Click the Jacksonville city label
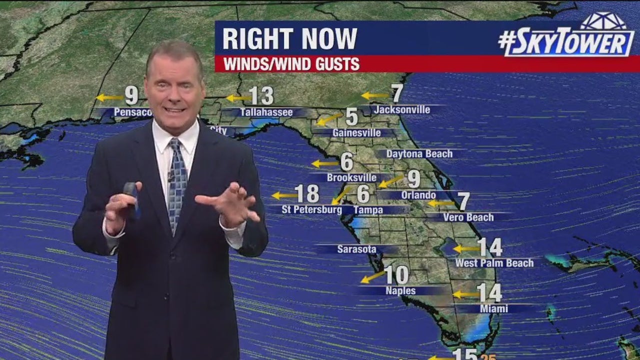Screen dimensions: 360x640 coord(402,109)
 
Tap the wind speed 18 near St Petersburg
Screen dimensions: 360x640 coord(307,194)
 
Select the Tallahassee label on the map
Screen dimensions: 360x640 coord(266,112)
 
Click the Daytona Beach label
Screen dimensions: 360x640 coord(419,154)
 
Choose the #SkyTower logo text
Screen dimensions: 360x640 coord(566,43)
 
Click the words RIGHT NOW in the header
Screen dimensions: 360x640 coord(289,38)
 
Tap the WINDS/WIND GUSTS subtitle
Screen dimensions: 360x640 coord(291,64)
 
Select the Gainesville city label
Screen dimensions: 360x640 coord(356,133)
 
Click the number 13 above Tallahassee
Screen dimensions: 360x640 coord(261,95)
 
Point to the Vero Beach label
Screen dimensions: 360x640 coord(468,217)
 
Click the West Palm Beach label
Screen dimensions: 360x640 coord(494,262)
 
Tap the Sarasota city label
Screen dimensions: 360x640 coord(356,249)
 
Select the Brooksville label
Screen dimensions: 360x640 coord(351,177)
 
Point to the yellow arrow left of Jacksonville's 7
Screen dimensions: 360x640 coord(374,95)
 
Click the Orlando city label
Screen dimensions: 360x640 coord(418,195)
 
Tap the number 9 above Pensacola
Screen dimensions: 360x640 coord(131,94)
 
